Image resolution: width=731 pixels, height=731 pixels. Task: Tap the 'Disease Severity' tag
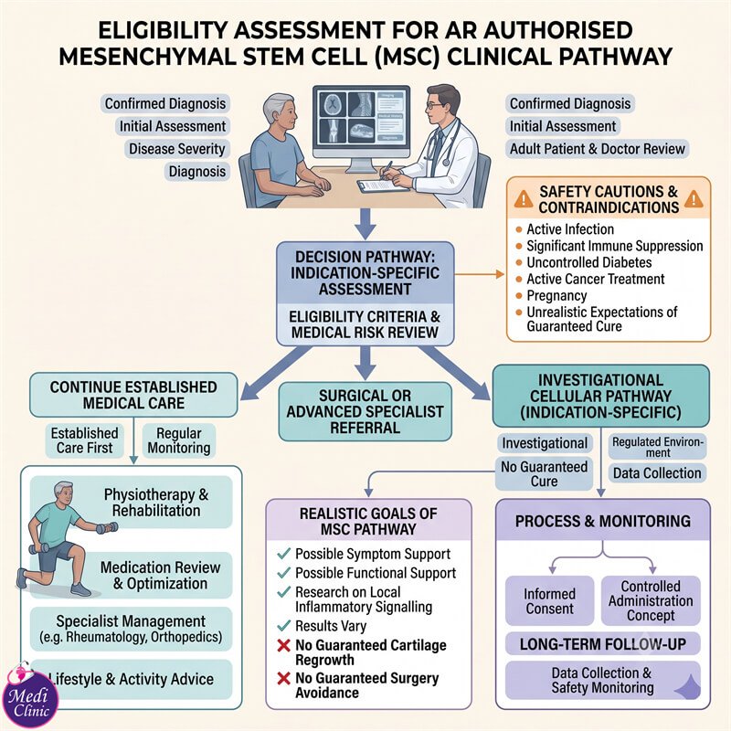click(x=177, y=149)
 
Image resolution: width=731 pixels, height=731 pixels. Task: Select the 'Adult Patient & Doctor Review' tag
click(x=598, y=149)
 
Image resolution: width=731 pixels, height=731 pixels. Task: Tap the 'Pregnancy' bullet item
click(x=556, y=295)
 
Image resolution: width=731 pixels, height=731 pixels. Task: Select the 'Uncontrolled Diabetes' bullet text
click(x=589, y=262)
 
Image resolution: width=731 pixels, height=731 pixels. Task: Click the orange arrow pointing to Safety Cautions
click(x=480, y=274)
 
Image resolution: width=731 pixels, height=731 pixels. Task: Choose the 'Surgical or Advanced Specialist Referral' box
click(x=365, y=412)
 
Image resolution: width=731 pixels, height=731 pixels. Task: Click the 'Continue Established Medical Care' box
click(x=133, y=395)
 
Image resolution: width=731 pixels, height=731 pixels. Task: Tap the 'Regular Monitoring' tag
click(x=179, y=440)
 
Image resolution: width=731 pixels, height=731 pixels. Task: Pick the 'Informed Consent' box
click(x=550, y=601)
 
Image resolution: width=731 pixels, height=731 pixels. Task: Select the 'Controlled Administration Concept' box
click(x=651, y=601)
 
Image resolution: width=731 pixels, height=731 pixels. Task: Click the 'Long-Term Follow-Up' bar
click(x=603, y=644)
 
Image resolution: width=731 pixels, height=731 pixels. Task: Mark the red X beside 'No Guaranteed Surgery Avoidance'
click(x=283, y=678)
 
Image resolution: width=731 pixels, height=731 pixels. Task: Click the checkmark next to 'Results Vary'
click(x=283, y=626)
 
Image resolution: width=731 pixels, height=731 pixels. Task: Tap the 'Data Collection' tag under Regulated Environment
click(x=657, y=473)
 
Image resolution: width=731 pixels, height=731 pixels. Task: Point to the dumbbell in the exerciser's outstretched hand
click(x=107, y=528)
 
